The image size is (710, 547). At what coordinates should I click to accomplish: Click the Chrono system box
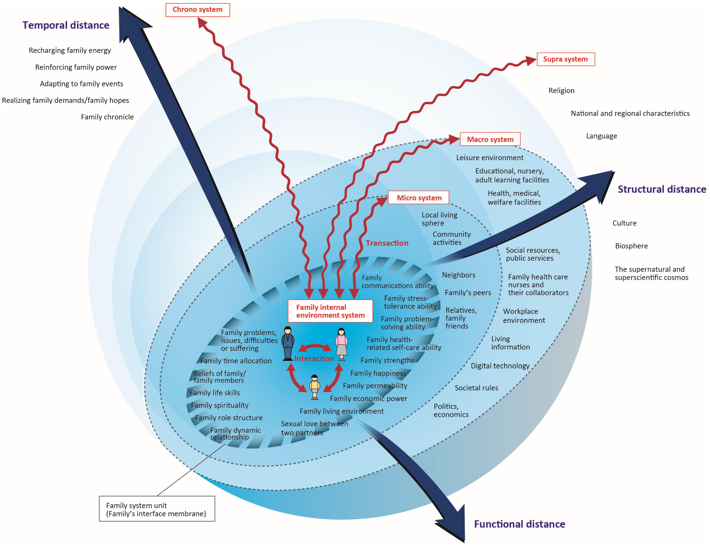click(198, 10)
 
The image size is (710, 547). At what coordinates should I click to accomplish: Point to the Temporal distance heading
click(66, 25)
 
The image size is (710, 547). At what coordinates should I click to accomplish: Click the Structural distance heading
click(661, 189)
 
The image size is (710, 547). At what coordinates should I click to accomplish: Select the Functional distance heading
click(519, 524)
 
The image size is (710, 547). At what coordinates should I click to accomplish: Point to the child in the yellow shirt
click(314, 387)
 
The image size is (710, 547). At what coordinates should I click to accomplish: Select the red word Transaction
click(387, 243)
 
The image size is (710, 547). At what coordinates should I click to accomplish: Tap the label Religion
click(561, 91)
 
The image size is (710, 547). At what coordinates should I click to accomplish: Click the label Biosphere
click(631, 246)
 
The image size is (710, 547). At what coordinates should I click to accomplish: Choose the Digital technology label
click(500, 366)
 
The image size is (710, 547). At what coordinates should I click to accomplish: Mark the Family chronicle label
click(107, 117)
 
